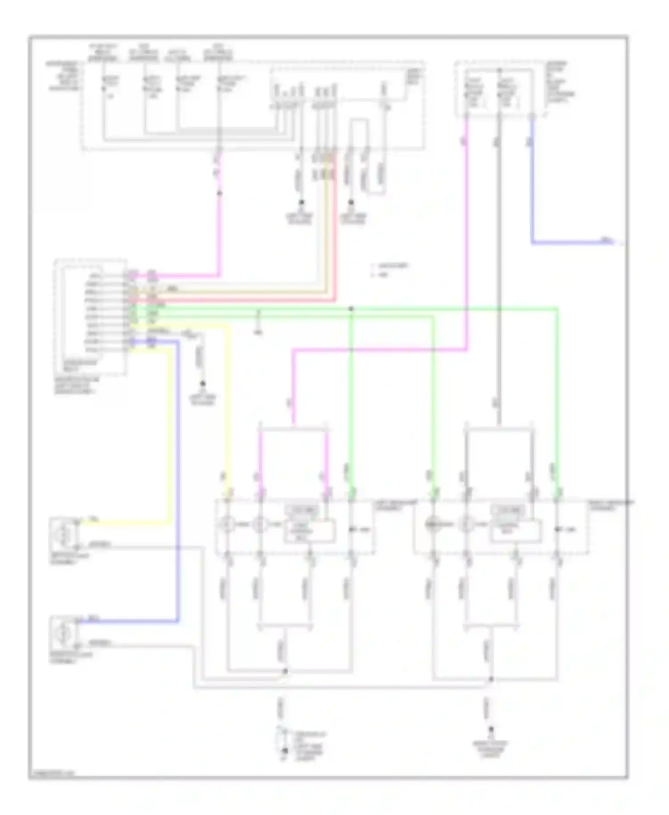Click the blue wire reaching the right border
tap(575, 243)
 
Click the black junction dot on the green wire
tap(351, 309)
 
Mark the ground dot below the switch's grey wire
tap(202, 383)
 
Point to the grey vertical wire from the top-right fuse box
tap(499, 268)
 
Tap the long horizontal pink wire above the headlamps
tap(379, 350)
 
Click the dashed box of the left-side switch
tap(90, 317)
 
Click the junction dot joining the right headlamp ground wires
tap(491, 679)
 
